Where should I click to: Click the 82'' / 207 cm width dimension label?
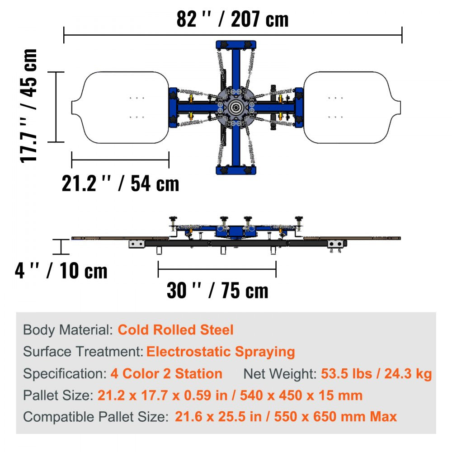pos(232,19)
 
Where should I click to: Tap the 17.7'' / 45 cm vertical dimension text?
pos(28,105)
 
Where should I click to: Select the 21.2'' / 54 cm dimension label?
pos(120,184)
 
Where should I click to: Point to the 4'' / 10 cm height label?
pos(61,271)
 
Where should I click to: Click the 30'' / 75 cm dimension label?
pos(217,290)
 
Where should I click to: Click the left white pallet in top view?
pos(122,108)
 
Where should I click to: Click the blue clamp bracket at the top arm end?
pos(236,45)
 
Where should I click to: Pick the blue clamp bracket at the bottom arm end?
pos(236,170)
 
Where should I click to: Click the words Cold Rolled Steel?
pos(176,330)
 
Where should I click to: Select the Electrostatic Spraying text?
pos(221,351)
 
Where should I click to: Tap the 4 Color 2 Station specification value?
pos(166,374)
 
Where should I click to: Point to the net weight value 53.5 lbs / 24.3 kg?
pos(376,374)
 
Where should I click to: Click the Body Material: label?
pos(68,330)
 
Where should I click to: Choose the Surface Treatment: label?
pos(83,351)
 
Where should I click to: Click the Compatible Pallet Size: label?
pos(96,416)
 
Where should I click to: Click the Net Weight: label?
pos(280,374)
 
